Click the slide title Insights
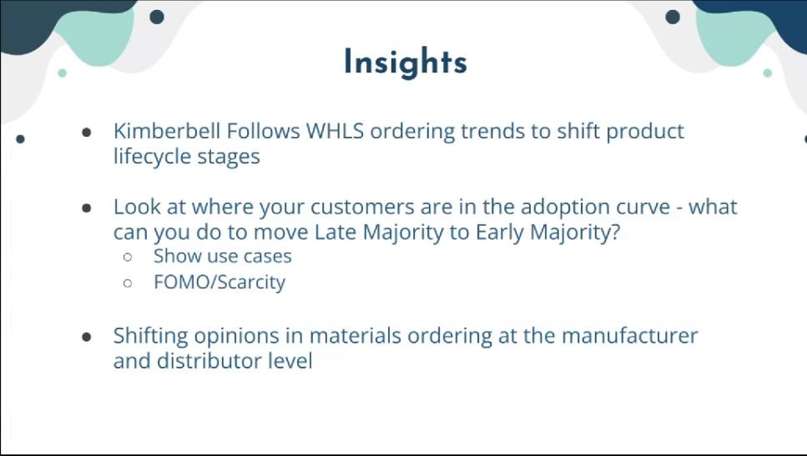[x=406, y=63]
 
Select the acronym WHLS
[x=335, y=131]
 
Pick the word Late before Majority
[x=335, y=233]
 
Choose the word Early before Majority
[x=500, y=233]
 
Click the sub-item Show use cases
[x=222, y=256]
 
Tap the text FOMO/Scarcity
[x=219, y=283]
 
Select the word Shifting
[x=151, y=336]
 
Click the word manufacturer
[x=630, y=336]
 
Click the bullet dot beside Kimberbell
[x=87, y=133]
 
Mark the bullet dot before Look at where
[x=87, y=208]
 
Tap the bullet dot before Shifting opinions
[x=87, y=337]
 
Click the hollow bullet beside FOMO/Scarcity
[x=128, y=283]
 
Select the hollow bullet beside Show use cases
[x=128, y=257]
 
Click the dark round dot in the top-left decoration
[x=157, y=17]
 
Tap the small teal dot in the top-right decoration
[x=768, y=73]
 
